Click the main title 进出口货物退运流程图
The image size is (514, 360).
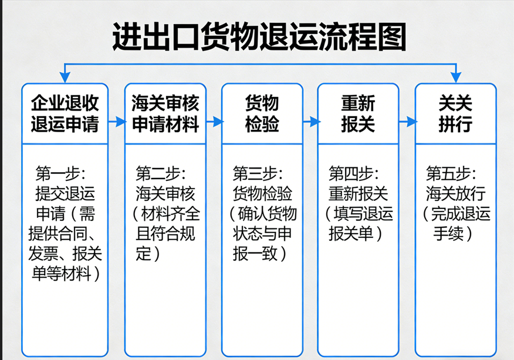click(259, 36)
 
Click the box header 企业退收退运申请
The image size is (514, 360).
click(65, 113)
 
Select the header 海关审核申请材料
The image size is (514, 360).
click(165, 113)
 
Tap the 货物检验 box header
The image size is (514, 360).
click(262, 113)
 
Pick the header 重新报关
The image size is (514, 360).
click(358, 113)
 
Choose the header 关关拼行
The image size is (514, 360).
click(455, 113)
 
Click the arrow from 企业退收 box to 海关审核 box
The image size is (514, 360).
click(117, 122)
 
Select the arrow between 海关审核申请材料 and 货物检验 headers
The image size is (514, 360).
click(214, 122)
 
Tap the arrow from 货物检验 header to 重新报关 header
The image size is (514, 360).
click(310, 122)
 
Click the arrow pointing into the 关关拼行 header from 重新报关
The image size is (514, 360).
click(407, 122)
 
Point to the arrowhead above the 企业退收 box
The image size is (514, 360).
click(65, 78)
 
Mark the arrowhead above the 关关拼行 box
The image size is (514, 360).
click(456, 78)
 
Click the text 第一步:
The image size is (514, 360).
click(60, 173)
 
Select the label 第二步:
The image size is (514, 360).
click(161, 173)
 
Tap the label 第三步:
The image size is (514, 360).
click(258, 173)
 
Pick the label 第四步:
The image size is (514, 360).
click(353, 173)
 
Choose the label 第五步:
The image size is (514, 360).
click(451, 173)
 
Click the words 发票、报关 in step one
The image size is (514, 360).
click(65, 254)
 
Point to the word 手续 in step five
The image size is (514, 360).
click(448, 234)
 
